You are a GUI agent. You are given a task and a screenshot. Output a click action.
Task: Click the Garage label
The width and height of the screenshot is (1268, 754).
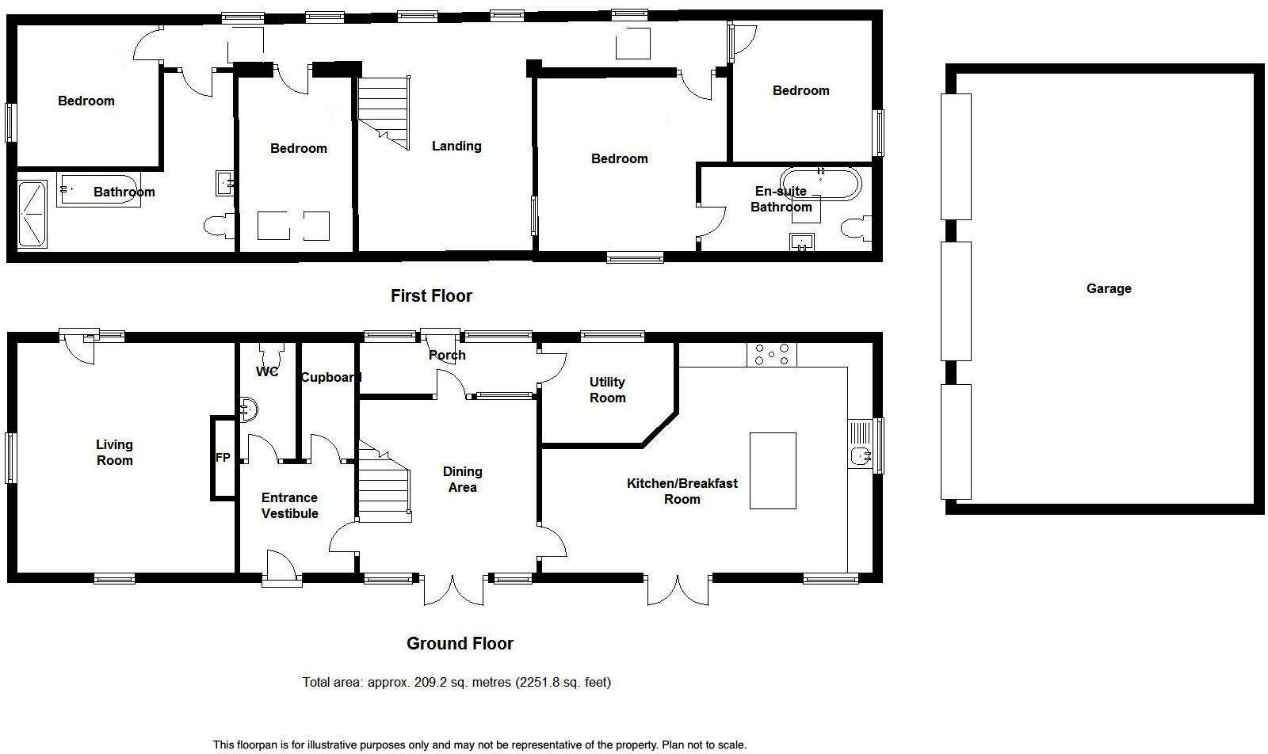(x=1108, y=289)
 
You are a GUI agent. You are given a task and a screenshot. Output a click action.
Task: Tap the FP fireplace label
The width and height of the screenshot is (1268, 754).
(x=223, y=458)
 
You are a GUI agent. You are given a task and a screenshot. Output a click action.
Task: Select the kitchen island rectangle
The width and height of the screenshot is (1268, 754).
(x=773, y=470)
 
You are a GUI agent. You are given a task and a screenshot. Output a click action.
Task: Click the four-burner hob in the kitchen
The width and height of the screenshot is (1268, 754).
(x=772, y=354)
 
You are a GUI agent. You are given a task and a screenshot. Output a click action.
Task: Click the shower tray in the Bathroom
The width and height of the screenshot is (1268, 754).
(x=32, y=214)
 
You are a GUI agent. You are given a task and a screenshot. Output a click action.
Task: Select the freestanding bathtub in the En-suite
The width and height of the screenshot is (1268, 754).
(x=820, y=183)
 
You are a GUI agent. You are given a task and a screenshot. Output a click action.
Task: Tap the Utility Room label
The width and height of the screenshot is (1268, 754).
(x=607, y=390)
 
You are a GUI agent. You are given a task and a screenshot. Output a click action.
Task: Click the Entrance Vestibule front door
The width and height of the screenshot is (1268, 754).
(x=281, y=569)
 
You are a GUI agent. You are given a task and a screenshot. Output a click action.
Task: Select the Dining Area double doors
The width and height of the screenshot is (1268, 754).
(x=453, y=589)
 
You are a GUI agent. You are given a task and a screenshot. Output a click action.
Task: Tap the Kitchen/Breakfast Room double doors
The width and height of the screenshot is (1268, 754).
(x=678, y=589)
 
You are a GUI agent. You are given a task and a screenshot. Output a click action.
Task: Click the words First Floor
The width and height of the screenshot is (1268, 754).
(x=431, y=296)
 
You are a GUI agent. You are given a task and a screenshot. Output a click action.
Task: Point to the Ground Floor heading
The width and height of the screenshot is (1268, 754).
(x=460, y=643)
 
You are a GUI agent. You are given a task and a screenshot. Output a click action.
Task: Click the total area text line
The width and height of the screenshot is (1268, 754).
(x=456, y=682)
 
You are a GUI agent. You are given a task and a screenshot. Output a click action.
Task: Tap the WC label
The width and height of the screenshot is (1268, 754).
(x=267, y=371)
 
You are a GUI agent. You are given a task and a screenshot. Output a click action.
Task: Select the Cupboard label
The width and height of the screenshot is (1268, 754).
(x=330, y=377)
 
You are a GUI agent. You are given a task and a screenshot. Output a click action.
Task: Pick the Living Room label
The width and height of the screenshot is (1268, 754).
(x=114, y=452)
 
